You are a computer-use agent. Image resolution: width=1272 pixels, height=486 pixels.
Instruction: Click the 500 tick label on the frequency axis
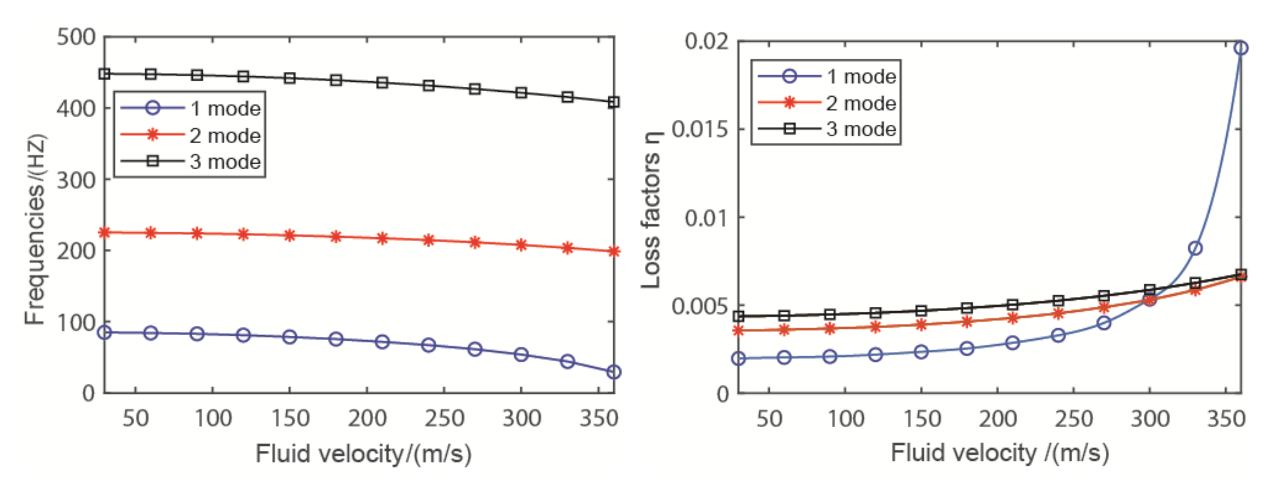[76, 37]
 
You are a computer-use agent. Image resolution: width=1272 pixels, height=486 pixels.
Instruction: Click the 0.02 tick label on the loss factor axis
[706, 41]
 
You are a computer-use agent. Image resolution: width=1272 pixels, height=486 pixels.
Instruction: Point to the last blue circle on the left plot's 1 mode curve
[613, 372]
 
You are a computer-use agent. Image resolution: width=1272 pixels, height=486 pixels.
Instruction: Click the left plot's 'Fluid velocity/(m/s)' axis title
[364, 453]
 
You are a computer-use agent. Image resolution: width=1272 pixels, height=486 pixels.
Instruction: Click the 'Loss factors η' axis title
[651, 210]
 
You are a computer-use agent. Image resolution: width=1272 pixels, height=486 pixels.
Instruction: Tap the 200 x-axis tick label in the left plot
[367, 419]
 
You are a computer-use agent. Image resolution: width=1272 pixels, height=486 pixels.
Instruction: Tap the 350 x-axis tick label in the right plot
[1226, 419]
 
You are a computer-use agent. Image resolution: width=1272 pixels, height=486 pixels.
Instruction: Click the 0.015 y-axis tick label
[700, 129]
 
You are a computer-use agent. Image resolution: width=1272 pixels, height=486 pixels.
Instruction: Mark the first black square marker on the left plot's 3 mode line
[104, 74]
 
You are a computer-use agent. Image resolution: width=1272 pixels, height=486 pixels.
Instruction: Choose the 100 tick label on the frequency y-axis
[76, 322]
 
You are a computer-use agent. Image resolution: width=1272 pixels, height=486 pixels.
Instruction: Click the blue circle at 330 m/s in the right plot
[1195, 248]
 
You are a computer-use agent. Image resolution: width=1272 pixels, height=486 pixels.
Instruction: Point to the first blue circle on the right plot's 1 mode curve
[738, 359]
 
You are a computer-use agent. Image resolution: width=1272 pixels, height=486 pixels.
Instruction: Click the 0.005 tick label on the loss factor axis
[700, 306]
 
